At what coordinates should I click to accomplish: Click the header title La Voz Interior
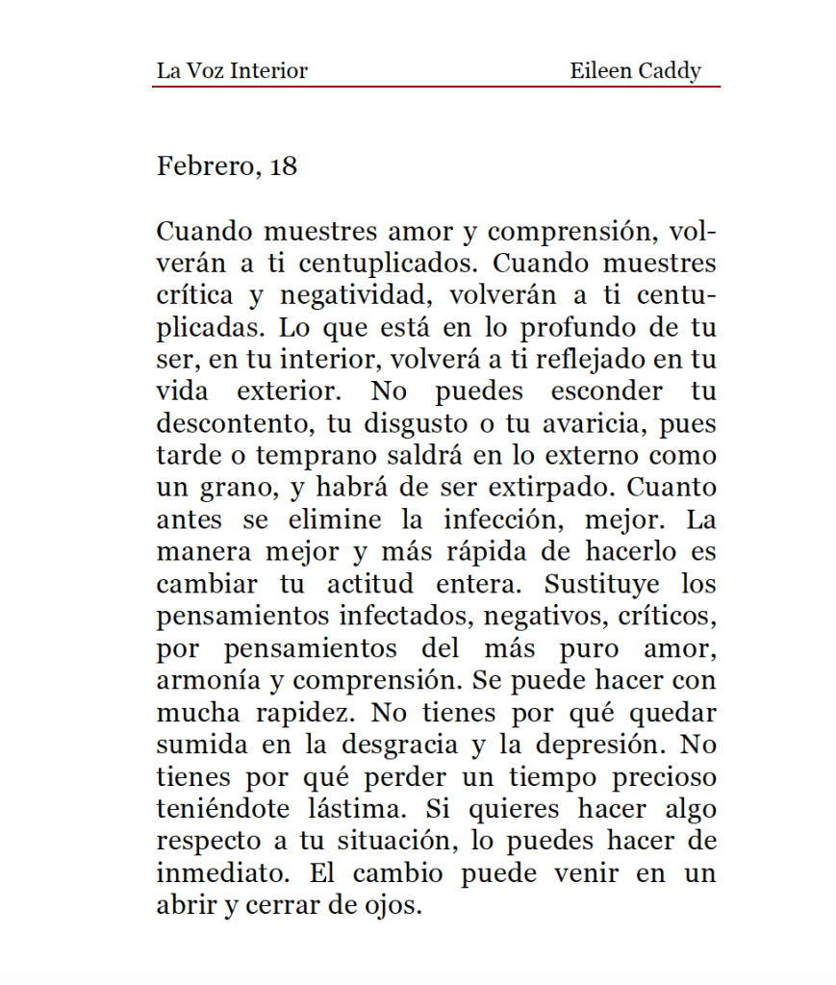pyautogui.click(x=232, y=71)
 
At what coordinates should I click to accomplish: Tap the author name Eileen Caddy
pyautogui.click(x=635, y=71)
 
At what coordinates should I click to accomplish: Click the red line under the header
pyautogui.click(x=435, y=87)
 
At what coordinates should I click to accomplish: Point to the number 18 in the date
pyautogui.click(x=284, y=166)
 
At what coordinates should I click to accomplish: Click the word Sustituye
pyautogui.click(x=602, y=584)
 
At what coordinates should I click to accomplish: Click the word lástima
pyautogui.click(x=352, y=809)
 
